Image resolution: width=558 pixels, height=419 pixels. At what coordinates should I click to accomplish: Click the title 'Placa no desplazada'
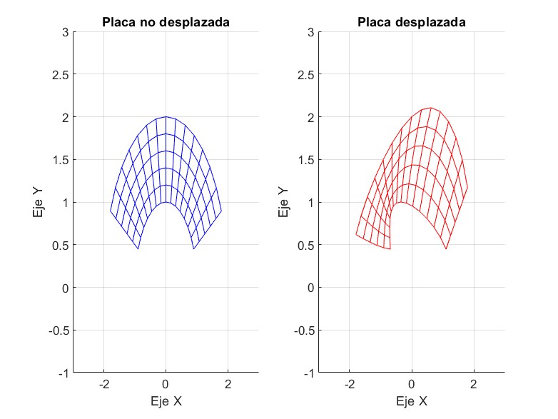click(x=165, y=22)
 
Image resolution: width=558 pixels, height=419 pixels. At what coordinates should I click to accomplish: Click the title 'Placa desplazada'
click(x=412, y=22)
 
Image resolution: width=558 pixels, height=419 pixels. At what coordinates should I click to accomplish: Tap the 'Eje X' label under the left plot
click(x=166, y=401)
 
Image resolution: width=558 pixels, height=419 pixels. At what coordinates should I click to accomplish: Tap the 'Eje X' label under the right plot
click(x=412, y=401)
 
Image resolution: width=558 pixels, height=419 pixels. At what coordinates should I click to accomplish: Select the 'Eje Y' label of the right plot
click(x=283, y=202)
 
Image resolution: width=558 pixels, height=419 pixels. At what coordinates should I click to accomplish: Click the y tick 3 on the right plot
click(x=310, y=32)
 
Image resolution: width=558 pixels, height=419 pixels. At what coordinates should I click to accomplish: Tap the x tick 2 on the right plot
click(x=474, y=385)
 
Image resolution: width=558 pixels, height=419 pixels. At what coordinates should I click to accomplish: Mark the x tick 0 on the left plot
click(x=166, y=385)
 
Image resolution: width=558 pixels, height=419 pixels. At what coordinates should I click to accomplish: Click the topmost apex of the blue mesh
click(x=166, y=117)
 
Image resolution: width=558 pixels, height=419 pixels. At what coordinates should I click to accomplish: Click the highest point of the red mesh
click(x=430, y=108)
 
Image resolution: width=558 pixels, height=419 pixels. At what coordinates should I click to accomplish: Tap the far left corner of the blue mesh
click(x=110, y=211)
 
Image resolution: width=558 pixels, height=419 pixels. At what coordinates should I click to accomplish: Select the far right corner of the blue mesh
click(x=221, y=211)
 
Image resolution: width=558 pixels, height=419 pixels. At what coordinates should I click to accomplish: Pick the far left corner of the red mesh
click(x=356, y=234)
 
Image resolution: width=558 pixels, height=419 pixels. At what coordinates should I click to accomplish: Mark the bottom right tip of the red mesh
click(x=446, y=248)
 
